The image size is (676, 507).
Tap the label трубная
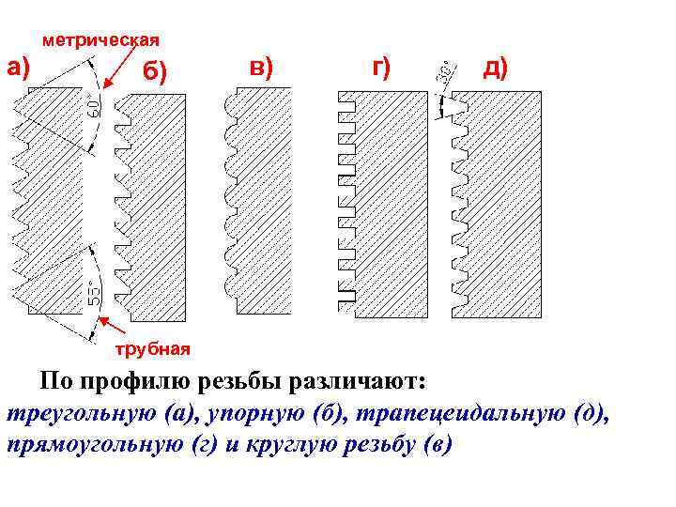152,349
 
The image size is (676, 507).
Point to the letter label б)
155,73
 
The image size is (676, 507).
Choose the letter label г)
381,67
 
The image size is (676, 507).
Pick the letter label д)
495,67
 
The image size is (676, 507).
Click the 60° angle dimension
93,105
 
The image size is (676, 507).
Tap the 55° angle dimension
95,294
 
